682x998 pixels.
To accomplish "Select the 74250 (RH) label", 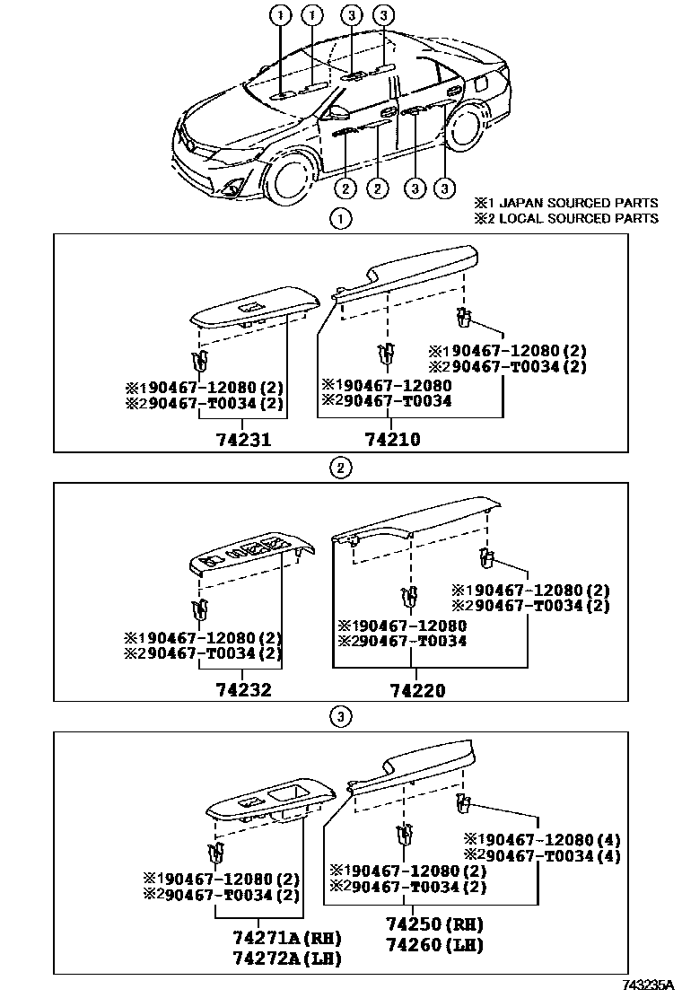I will (434, 924).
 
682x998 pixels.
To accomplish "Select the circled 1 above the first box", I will (340, 217).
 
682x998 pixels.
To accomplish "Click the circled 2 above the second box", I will (340, 467).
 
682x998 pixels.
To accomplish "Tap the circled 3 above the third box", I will (340, 716).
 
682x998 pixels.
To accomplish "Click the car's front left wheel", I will (292, 176).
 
